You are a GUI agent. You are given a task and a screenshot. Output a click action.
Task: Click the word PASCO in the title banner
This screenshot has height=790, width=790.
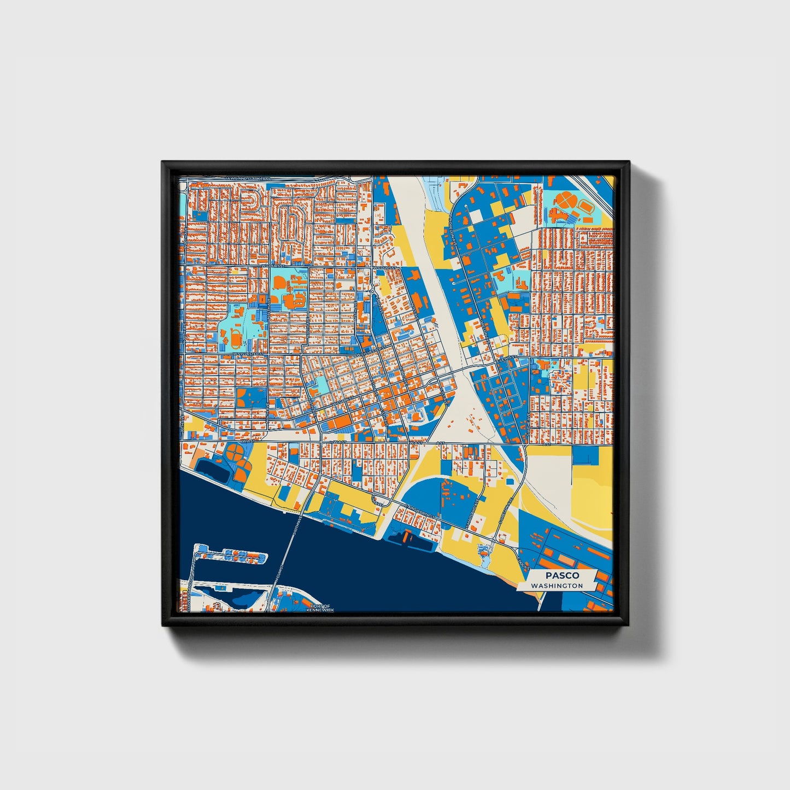(561, 575)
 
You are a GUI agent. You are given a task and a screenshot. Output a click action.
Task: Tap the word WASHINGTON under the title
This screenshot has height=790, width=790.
(557, 586)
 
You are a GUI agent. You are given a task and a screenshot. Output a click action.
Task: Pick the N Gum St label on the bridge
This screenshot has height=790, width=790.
(282, 574)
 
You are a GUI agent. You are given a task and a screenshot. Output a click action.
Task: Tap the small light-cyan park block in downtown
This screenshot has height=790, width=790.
(323, 385)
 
